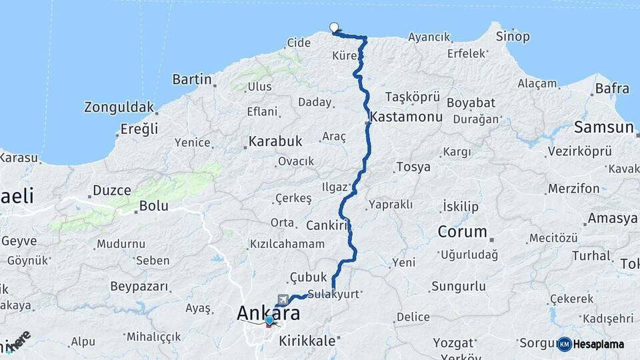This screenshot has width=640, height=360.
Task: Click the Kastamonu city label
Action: click(407, 117)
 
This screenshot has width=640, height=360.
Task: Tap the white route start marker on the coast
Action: click(334, 27)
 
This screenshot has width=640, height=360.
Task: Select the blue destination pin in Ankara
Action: click(269, 321)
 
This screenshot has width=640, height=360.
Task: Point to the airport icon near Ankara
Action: click(284, 299)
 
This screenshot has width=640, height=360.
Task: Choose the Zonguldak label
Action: click(119, 107)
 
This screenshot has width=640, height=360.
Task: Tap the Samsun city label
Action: click(603, 127)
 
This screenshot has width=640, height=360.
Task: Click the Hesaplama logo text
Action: click(600, 344)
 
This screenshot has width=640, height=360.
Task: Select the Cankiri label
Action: click(328, 225)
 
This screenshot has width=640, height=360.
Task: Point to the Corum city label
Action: click(462, 232)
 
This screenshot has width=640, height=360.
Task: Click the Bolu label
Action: click(153, 206)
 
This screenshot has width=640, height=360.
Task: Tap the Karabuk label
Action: click(275, 141)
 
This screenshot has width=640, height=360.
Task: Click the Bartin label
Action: click(192, 79)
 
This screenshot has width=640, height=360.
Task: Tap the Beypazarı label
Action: click(139, 287)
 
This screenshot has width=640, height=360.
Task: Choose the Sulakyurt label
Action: click(333, 293)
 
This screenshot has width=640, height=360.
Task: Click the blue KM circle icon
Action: click(564, 344)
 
